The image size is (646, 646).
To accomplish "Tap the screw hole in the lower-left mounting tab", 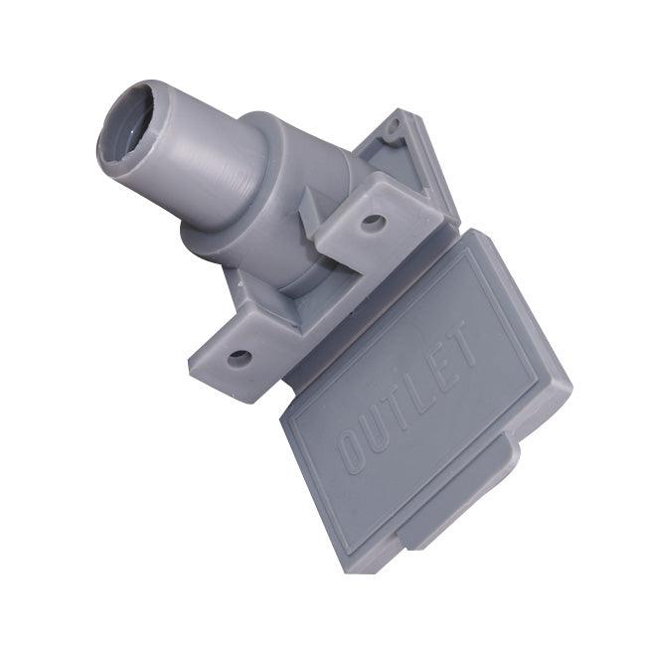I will (239, 357).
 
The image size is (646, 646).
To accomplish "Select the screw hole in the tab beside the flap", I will (373, 223).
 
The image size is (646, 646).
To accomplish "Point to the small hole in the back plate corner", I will (395, 127).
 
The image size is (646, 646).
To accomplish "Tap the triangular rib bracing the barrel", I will (313, 209).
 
